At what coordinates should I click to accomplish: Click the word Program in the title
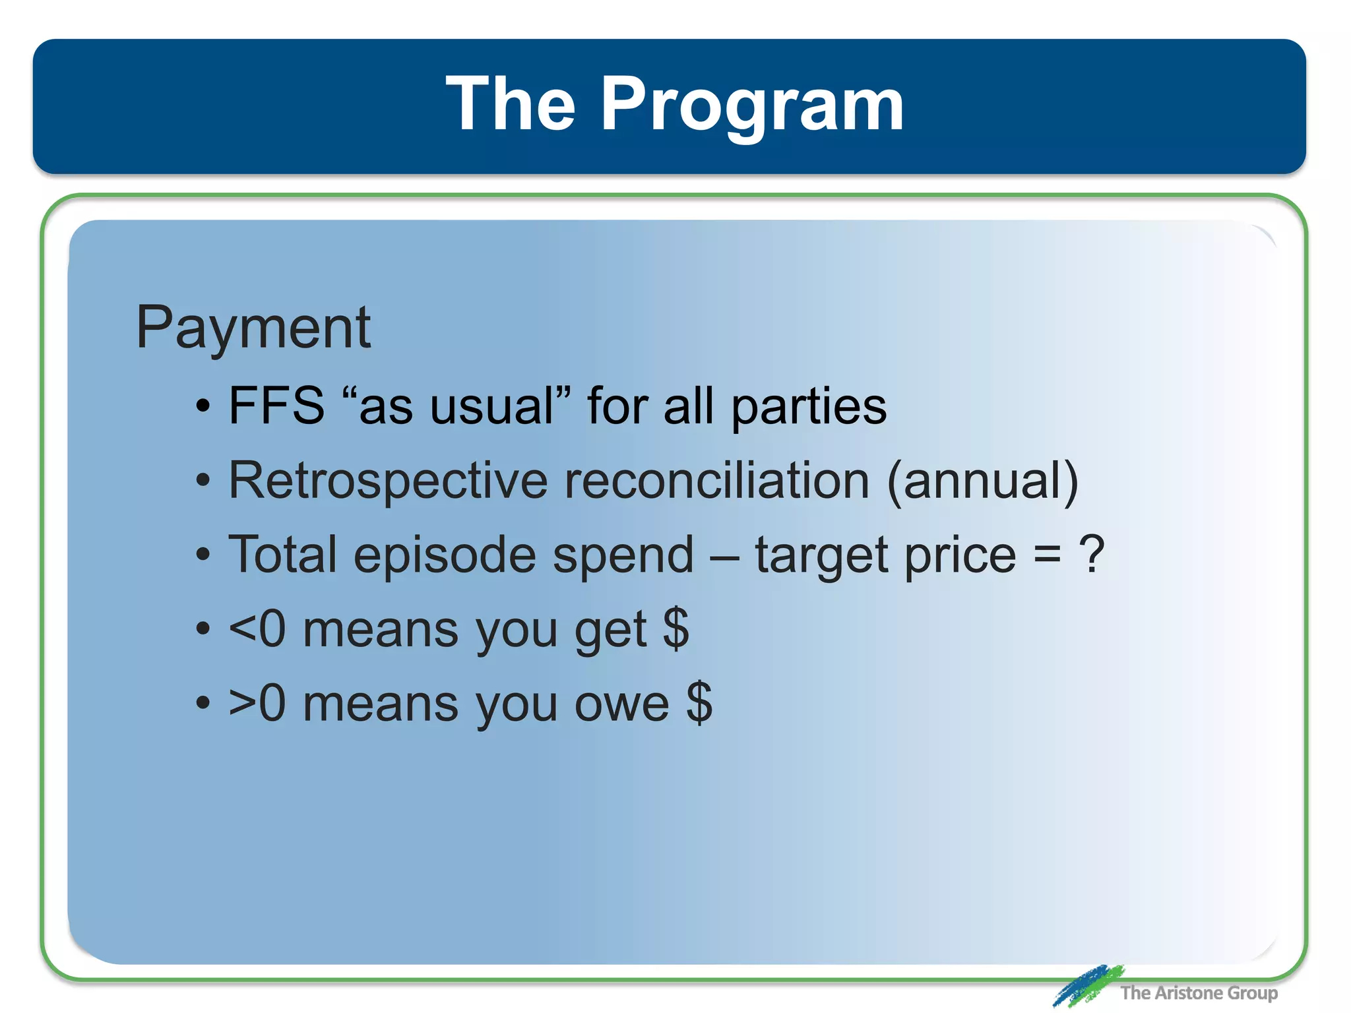pyautogui.click(x=751, y=106)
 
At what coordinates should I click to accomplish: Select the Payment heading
pyautogui.click(x=253, y=328)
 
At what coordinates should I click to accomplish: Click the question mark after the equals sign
pyautogui.click(x=1091, y=554)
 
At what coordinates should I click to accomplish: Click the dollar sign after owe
pyautogui.click(x=699, y=703)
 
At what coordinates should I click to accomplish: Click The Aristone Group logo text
pyautogui.click(x=1198, y=993)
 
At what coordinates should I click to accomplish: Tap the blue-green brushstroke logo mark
pyautogui.click(x=1087, y=985)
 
